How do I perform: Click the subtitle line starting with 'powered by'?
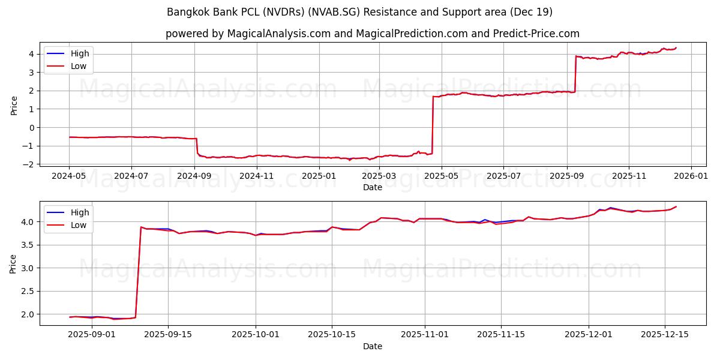[372, 34]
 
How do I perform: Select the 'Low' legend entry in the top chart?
[79, 66]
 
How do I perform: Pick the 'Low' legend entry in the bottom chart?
[79, 225]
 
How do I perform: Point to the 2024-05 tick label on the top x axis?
[70, 176]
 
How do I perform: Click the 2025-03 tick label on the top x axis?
[379, 176]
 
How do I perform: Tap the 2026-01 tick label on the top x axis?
[691, 176]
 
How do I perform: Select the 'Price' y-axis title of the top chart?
[14, 106]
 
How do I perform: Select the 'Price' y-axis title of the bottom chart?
[14, 264]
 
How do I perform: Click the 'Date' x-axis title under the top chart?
[372, 187]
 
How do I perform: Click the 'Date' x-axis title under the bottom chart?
[372, 346]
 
